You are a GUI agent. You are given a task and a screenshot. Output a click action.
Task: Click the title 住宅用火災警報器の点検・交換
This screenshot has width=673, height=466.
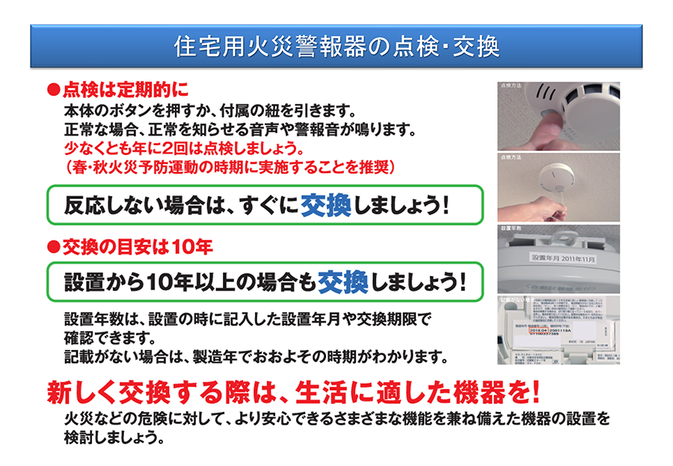tap(336, 46)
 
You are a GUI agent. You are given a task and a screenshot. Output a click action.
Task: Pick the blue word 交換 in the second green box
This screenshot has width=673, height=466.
tap(342, 282)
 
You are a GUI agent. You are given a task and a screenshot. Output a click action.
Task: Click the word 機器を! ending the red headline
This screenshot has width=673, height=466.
tap(494, 391)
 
